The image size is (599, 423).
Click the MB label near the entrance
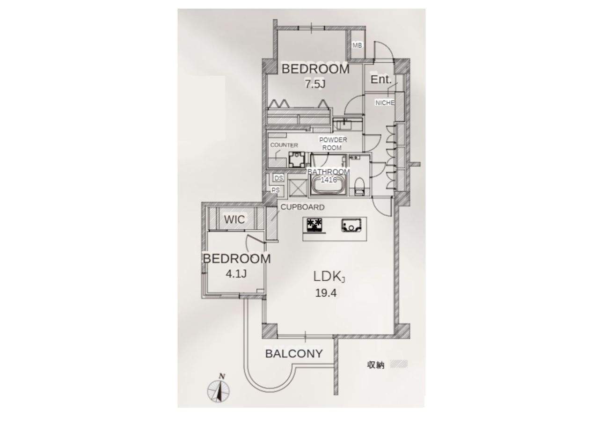(x=358, y=45)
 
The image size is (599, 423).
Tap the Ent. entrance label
(x=380, y=80)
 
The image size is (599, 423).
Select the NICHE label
(x=385, y=103)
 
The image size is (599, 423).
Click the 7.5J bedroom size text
(x=315, y=84)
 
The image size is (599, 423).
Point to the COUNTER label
(x=284, y=145)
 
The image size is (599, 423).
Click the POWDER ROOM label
(x=333, y=144)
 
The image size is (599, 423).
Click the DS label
(x=278, y=178)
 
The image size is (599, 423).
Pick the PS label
(x=276, y=190)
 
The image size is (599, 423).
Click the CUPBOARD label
(x=302, y=207)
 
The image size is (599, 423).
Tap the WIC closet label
(x=234, y=220)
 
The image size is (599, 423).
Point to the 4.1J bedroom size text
(x=236, y=274)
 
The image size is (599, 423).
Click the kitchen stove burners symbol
(x=315, y=226)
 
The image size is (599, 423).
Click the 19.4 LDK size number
(x=327, y=294)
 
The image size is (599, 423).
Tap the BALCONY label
(x=294, y=354)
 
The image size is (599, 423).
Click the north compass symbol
(x=219, y=389)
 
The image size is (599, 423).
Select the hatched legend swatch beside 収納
(x=400, y=364)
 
